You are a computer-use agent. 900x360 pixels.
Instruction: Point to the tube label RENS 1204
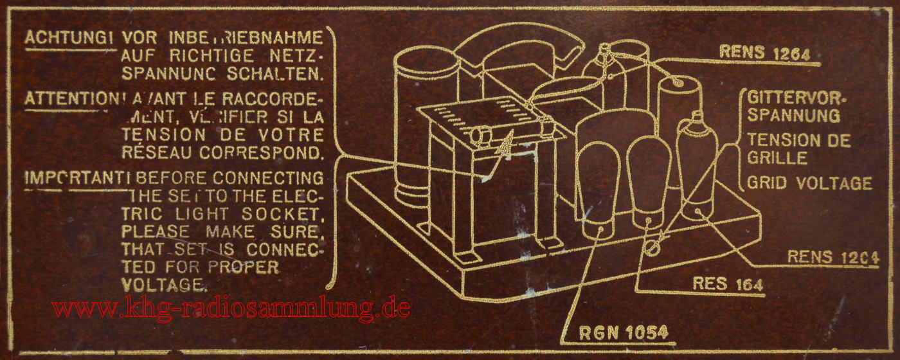(x=833, y=257)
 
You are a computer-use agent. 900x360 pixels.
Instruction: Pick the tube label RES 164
(x=727, y=283)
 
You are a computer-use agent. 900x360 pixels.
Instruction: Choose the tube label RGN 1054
(x=624, y=332)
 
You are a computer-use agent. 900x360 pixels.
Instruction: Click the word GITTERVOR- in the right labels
(x=797, y=98)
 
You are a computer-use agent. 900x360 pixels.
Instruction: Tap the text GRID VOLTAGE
(x=809, y=183)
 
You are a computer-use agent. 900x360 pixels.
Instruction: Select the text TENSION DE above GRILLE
(x=798, y=140)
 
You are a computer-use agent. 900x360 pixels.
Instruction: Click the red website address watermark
(x=231, y=308)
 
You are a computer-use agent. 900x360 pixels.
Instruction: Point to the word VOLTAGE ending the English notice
(x=165, y=283)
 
